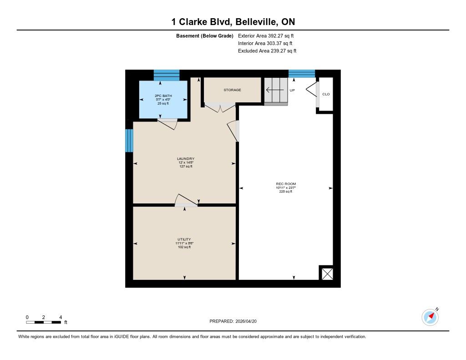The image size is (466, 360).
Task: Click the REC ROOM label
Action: (286, 184)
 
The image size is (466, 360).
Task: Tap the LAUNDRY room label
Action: (186, 159)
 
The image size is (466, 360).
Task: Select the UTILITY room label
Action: (184, 239)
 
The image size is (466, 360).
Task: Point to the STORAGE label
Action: (233, 90)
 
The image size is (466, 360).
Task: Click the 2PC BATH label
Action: (163, 96)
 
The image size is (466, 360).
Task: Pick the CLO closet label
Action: (326, 94)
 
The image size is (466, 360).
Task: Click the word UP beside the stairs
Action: (292, 91)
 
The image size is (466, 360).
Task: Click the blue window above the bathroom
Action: (167, 75)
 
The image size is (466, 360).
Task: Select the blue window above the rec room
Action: (302, 74)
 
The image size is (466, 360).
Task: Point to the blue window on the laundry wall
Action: (129, 141)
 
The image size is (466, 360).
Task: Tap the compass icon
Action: (430, 317)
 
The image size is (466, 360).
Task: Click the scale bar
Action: (43, 322)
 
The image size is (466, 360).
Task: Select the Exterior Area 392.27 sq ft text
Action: (266, 35)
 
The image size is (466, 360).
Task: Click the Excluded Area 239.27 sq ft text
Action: (267, 51)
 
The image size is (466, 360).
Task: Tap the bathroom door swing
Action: (167, 124)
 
